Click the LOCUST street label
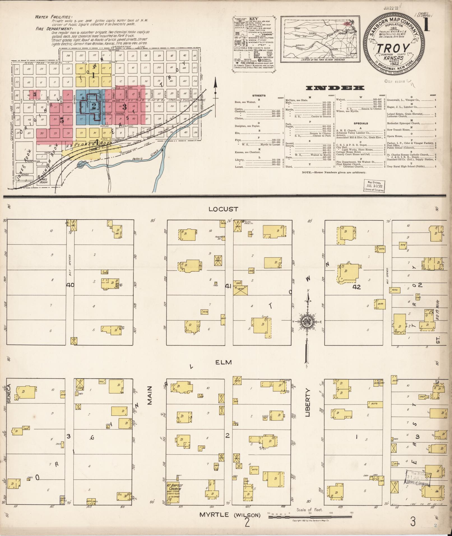tap(224, 209)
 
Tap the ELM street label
tap(224, 362)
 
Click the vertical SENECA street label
tap(9, 394)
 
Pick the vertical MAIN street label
tap(150, 395)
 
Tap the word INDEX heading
tap(335, 88)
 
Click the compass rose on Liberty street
tap(307, 322)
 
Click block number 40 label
tap(70, 285)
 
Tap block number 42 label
tap(356, 287)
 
